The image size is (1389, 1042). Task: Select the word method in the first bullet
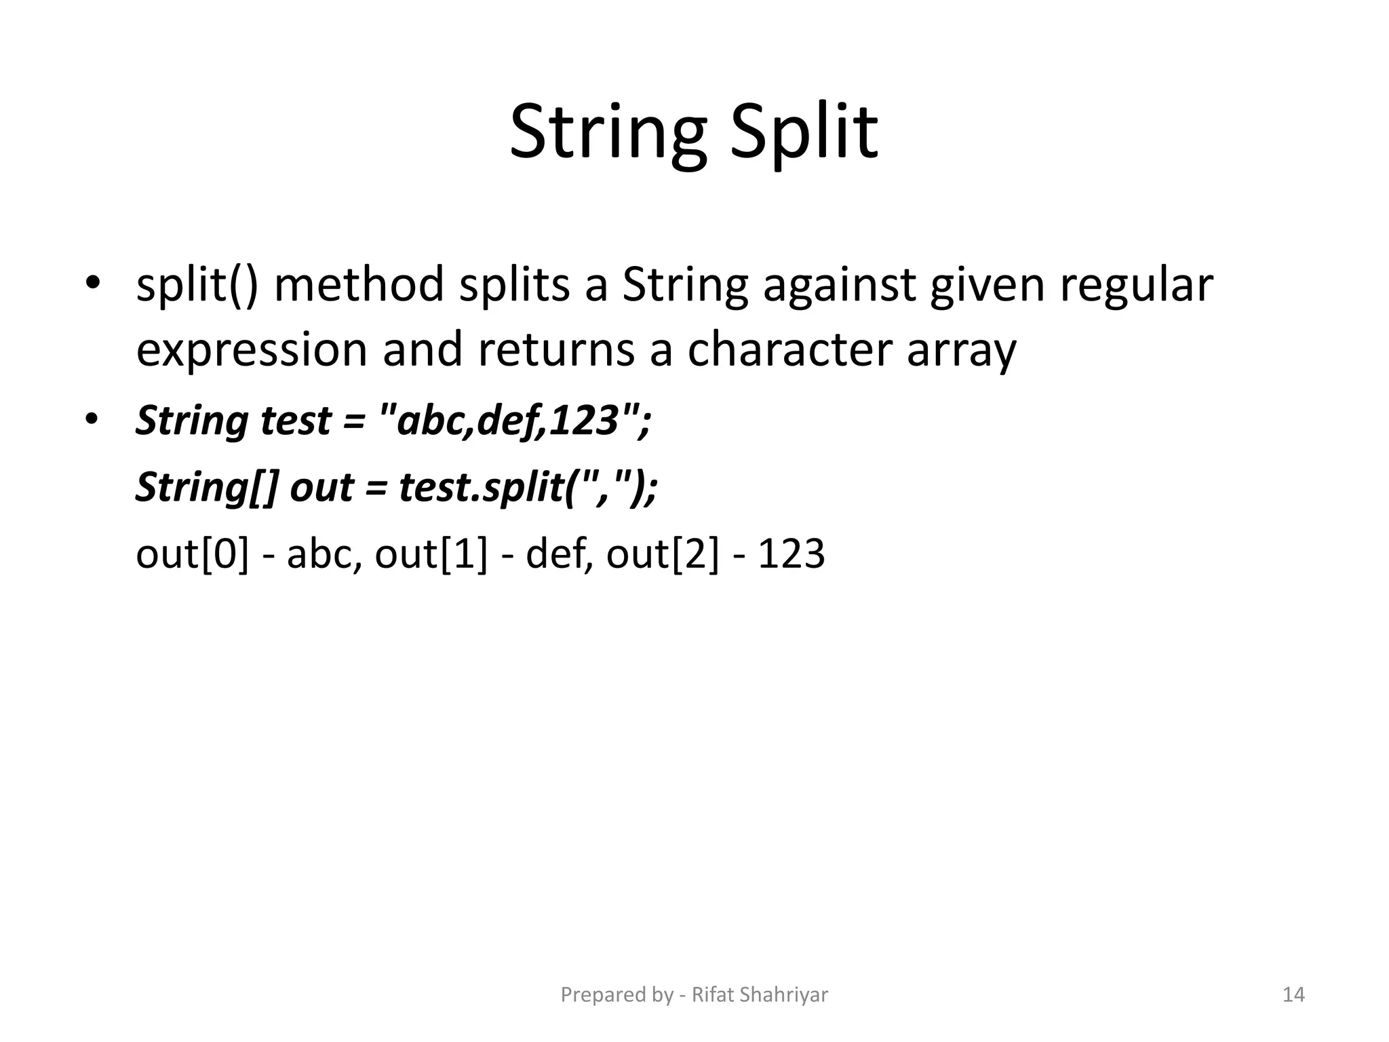(359, 285)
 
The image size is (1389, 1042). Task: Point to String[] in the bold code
(207, 488)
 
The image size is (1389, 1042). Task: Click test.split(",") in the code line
(526, 488)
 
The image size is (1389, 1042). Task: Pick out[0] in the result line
(192, 554)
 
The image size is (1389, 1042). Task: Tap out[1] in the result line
(431, 554)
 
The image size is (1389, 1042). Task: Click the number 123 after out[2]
(791, 554)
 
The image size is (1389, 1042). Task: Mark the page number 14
(1293, 995)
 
